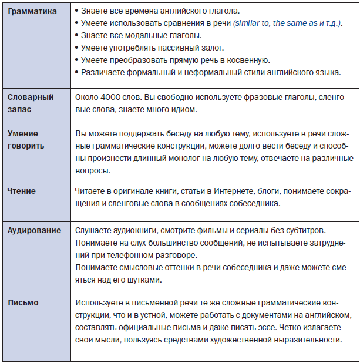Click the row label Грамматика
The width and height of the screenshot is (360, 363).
[32, 11]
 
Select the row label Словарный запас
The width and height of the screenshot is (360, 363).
[31, 102]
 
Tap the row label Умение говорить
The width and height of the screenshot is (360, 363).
[26, 140]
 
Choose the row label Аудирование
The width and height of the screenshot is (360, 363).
[34, 230]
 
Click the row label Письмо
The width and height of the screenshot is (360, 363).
[23, 302]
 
